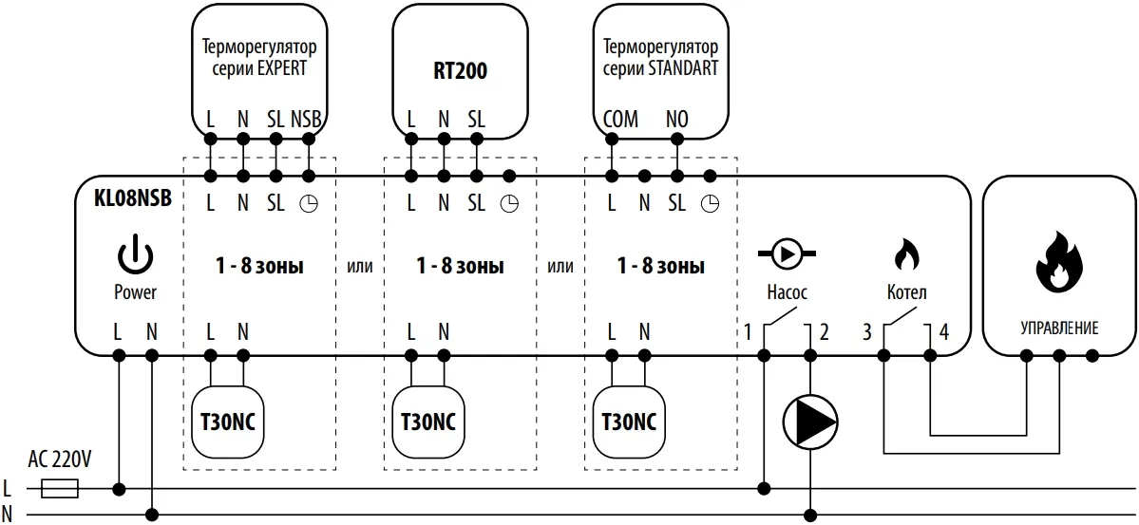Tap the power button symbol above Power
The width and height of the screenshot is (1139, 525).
click(x=134, y=255)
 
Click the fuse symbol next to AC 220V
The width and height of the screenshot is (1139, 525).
click(x=62, y=489)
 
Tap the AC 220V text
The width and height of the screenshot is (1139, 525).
click(x=60, y=460)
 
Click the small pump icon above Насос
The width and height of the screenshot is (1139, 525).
click(x=787, y=253)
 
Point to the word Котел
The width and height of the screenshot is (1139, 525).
click(x=905, y=292)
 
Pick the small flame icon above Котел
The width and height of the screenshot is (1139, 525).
click(x=905, y=254)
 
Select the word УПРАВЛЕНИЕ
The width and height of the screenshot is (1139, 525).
click(x=1059, y=328)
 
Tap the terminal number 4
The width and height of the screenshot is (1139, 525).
click(x=943, y=332)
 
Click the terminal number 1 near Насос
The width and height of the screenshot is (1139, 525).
click(x=748, y=332)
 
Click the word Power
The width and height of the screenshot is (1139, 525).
click(x=135, y=292)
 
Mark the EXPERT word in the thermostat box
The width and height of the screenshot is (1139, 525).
click(x=282, y=68)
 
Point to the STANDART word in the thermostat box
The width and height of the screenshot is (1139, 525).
click(x=683, y=68)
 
